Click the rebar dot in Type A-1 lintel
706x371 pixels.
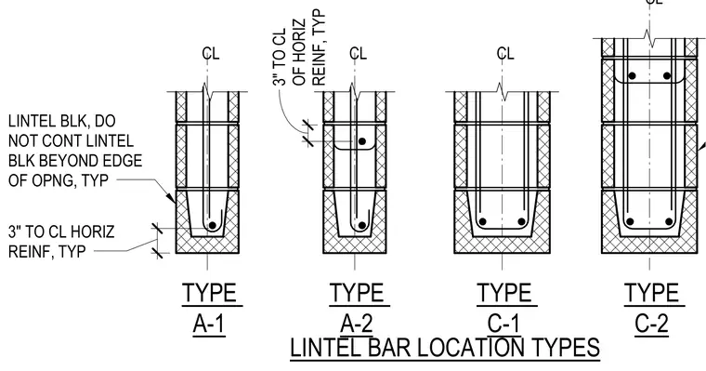coord(213,225)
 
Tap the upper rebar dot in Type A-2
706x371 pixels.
coord(362,141)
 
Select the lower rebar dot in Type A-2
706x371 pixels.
coord(362,225)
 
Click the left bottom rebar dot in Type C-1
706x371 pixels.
coord(483,222)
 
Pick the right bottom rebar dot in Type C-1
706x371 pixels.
coord(521,222)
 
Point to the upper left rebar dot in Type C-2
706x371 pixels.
coord(633,76)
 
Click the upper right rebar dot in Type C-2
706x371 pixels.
coord(667,76)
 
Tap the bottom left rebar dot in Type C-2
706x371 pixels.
coord(630,222)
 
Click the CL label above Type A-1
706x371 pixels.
coord(211,54)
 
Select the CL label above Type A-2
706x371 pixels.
coord(358,54)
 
